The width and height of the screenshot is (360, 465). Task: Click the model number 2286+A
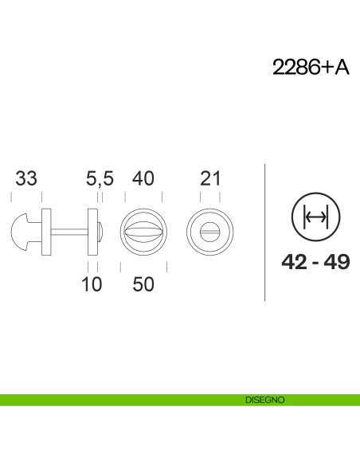311,68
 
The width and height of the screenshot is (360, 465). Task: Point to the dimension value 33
26,179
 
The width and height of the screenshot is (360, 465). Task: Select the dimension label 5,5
100,179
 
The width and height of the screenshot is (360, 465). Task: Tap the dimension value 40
143,179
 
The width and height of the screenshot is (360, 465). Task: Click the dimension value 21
210,179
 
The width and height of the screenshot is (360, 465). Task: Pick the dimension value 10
92,284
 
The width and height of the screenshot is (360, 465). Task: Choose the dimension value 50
143,284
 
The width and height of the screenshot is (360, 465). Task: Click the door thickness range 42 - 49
315,262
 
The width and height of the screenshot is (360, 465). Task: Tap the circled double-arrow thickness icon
315,217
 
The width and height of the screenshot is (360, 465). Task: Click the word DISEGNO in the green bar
264,401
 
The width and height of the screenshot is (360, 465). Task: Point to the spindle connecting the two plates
71,232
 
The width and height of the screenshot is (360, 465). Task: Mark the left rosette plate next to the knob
46,232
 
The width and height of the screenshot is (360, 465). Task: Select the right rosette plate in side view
93,232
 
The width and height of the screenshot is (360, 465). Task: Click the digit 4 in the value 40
137,179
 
